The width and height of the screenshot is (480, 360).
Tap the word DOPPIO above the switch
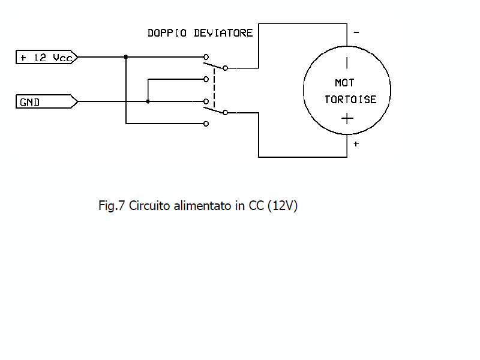tap(168, 33)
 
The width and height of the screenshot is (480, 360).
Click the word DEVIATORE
tap(223, 33)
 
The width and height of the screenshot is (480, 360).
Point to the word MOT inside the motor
tap(344, 83)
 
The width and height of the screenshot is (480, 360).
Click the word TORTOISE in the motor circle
tap(350, 100)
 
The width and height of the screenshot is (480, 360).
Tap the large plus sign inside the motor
tap(347, 118)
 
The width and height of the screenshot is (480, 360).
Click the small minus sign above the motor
tap(356, 33)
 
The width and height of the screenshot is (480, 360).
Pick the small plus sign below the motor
tap(356, 145)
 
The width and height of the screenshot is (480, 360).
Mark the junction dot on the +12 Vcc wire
tap(126, 58)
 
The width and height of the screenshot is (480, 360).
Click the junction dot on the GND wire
tap(148, 102)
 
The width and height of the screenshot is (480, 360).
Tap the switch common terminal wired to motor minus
tap(225, 67)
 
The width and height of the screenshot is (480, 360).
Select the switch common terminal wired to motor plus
tap(225, 113)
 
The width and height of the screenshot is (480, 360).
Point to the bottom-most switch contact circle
tap(206, 124)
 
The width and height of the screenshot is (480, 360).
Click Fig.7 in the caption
tap(112, 206)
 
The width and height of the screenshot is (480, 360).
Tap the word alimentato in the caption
tap(202, 206)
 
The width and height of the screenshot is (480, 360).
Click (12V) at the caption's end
tap(283, 206)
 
